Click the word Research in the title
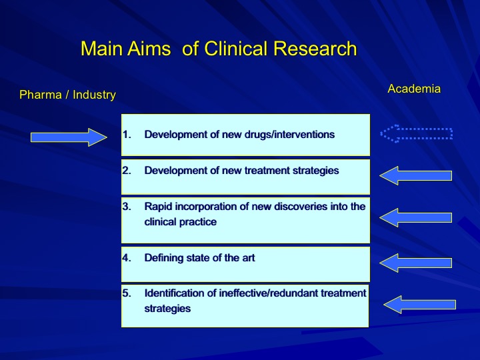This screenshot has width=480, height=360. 315,49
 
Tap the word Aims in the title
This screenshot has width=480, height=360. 149,49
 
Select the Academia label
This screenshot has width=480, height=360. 414,89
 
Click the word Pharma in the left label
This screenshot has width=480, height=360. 41,95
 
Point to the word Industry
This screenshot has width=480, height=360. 94,95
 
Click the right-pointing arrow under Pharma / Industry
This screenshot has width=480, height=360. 69,137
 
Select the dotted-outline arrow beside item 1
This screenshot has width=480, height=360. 416,134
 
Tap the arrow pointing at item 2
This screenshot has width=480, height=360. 415,176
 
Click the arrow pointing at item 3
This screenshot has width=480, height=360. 415,217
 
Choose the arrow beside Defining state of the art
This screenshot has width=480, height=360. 415,263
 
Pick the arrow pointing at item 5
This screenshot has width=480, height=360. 420,305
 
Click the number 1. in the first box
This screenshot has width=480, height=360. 127,135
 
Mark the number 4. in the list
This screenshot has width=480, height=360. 127,258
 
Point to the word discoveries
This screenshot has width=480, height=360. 301,207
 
